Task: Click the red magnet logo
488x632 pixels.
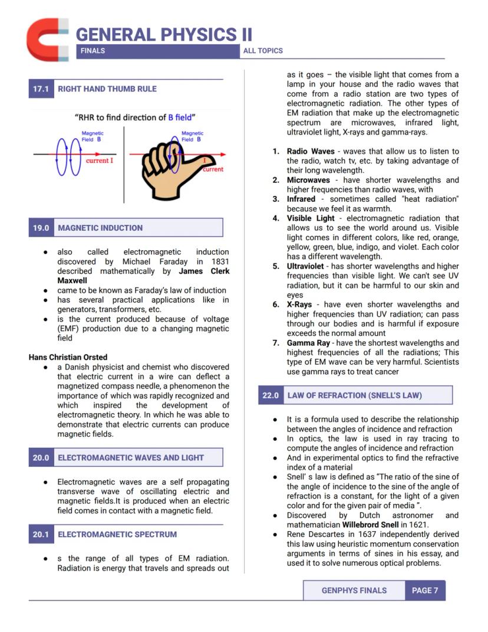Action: pos(47,39)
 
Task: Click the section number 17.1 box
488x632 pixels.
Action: pos(41,89)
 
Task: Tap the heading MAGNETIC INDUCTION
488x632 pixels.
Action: pos(100,228)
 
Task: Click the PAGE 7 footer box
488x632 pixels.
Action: pos(425,590)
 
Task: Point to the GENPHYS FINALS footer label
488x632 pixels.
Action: pos(354,590)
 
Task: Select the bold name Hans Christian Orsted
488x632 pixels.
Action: pos(68,357)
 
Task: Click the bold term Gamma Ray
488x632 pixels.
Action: pos(308,343)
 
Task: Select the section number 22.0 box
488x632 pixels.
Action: pos(271,395)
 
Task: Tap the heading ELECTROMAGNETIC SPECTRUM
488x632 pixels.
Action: pos(117,535)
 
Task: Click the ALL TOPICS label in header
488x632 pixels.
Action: pos(263,51)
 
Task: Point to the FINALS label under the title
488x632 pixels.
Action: pos(93,51)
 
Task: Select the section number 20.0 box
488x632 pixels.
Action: pos(41,457)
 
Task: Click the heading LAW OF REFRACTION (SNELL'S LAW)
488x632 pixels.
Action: pos(354,395)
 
